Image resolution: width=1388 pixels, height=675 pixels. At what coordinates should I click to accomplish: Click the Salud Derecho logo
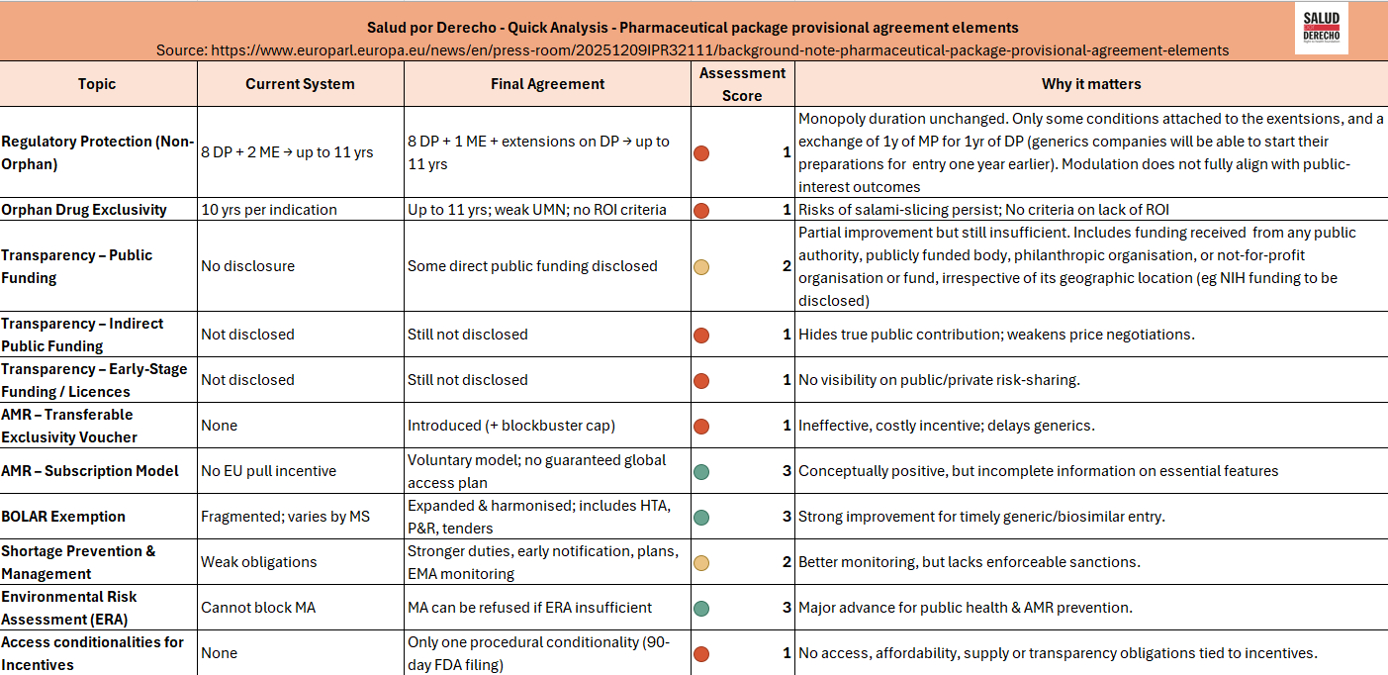tap(1321, 29)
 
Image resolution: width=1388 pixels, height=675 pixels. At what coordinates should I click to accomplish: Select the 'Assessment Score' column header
tap(742, 84)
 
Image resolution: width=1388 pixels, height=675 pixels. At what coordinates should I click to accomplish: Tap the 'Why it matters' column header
tap(1090, 84)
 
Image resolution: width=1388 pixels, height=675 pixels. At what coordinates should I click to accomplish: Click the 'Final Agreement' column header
tap(547, 84)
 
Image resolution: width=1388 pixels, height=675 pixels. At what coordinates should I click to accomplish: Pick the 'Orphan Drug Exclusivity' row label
tap(84, 210)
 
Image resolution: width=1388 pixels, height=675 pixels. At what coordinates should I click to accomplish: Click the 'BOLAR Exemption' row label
tap(63, 517)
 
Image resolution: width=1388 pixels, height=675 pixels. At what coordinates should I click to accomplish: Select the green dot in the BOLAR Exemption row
tap(701, 517)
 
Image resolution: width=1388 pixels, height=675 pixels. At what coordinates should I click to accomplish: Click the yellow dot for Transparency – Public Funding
tap(701, 266)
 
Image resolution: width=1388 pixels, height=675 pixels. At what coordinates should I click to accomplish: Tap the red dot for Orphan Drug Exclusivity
tap(701, 210)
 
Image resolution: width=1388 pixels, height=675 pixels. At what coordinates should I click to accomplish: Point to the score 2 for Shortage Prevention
tap(787, 562)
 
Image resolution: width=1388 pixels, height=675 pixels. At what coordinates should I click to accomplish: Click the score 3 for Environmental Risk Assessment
tap(787, 608)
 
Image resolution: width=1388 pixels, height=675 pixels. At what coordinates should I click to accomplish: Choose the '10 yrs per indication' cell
tap(269, 210)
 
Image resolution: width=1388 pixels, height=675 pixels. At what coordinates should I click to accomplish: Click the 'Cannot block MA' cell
tap(258, 608)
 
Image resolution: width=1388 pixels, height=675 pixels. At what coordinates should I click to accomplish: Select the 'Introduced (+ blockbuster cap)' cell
tap(511, 426)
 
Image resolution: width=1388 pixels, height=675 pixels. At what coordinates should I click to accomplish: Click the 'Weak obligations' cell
tap(259, 562)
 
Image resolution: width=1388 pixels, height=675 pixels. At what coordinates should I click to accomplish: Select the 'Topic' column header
tap(97, 84)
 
